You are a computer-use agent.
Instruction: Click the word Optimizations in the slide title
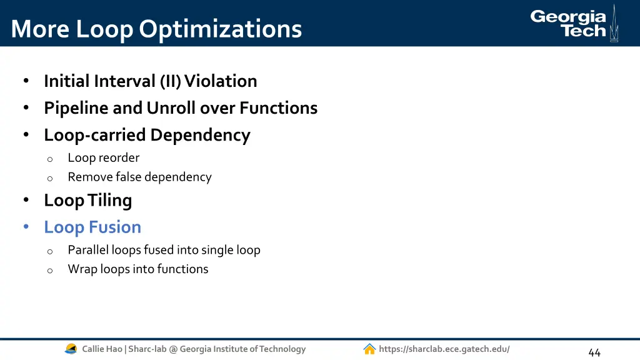(221, 29)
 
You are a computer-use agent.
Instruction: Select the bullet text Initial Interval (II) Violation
(150, 81)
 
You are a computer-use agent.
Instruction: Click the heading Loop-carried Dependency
(147, 135)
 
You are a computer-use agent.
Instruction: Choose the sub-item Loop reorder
(103, 158)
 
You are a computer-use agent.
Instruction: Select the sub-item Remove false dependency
(139, 177)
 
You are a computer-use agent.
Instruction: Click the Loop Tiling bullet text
(87, 201)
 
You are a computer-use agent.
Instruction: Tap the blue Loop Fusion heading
(92, 227)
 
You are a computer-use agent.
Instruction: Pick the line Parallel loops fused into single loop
(164, 250)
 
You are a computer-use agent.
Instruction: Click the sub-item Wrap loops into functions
(138, 269)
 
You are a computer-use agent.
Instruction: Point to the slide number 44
(594, 352)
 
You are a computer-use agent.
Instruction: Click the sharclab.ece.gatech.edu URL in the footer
(444, 349)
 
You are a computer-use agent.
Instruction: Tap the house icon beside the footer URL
(369, 349)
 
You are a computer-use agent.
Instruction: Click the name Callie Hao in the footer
(102, 349)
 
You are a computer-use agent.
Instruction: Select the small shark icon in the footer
(71, 349)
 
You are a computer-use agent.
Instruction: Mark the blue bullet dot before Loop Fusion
(26, 227)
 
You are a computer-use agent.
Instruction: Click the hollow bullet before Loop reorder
(50, 159)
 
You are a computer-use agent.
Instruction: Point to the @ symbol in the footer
(173, 349)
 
